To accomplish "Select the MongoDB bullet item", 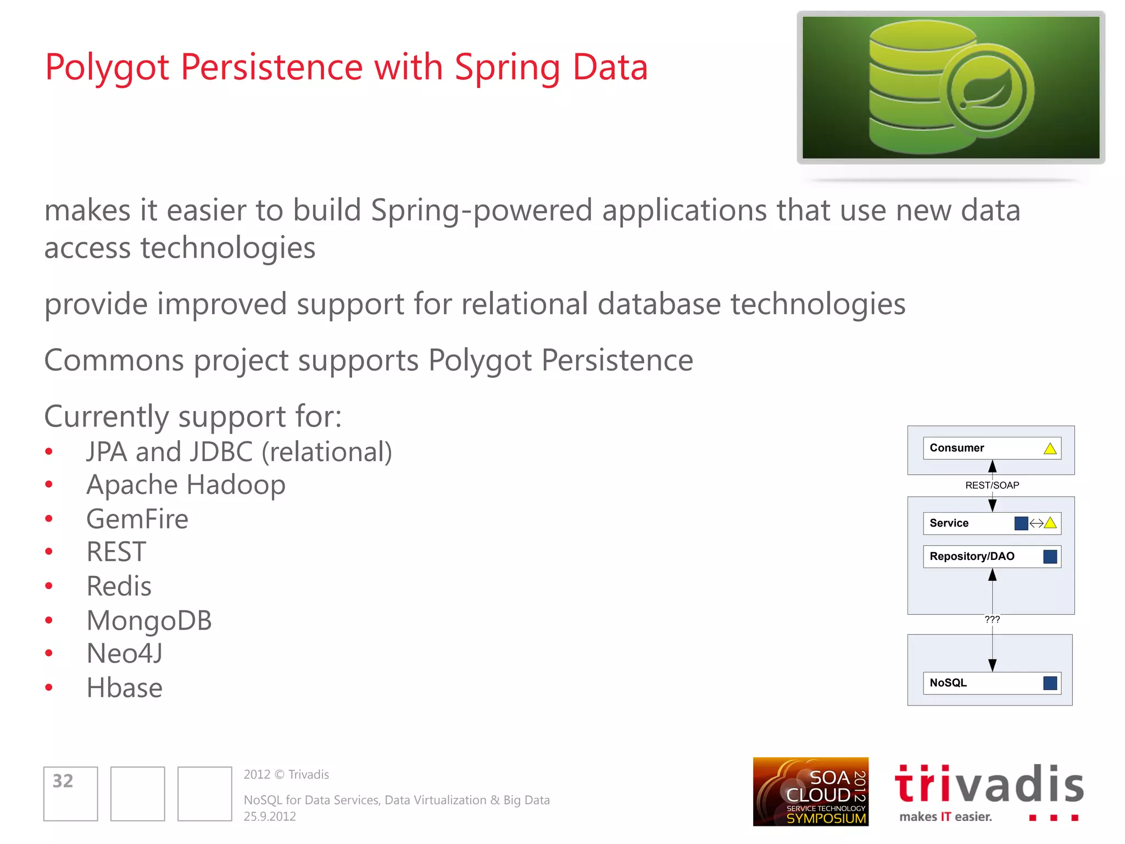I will pos(149,620).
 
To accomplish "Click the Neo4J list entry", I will pos(125,654).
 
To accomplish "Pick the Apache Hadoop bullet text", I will pos(186,485).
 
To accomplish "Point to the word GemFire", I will pos(137,519).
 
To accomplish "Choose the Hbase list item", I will pos(125,688).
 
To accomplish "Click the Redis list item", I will pos(119,586).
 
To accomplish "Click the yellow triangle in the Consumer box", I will pos(1050,449).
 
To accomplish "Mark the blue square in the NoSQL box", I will pos(1050,683).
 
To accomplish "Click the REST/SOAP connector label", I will pos(992,485).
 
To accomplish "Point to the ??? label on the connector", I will pos(992,619).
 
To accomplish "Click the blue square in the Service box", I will pos(1021,523).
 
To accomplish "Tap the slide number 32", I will pos(63,781).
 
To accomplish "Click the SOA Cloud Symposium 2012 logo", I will pos(810,792).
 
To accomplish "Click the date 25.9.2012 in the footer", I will pos(270,817).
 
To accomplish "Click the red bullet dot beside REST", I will pos(49,552).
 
